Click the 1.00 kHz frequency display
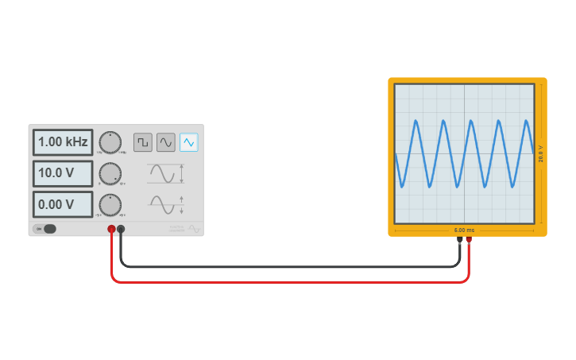point(63,142)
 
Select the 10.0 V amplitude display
point(63,173)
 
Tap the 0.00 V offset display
point(63,204)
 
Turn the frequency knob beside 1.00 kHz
point(110,142)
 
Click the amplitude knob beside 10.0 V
point(110,173)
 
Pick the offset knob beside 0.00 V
point(110,204)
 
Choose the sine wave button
point(166,142)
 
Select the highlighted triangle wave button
point(189,142)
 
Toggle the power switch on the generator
point(45,229)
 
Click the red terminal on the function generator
point(111,229)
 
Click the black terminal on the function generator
point(121,229)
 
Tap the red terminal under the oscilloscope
point(469,238)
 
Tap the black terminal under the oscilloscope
point(460,238)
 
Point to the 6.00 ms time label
point(465,230)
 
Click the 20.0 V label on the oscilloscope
point(541,153)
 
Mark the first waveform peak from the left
point(416,121)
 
